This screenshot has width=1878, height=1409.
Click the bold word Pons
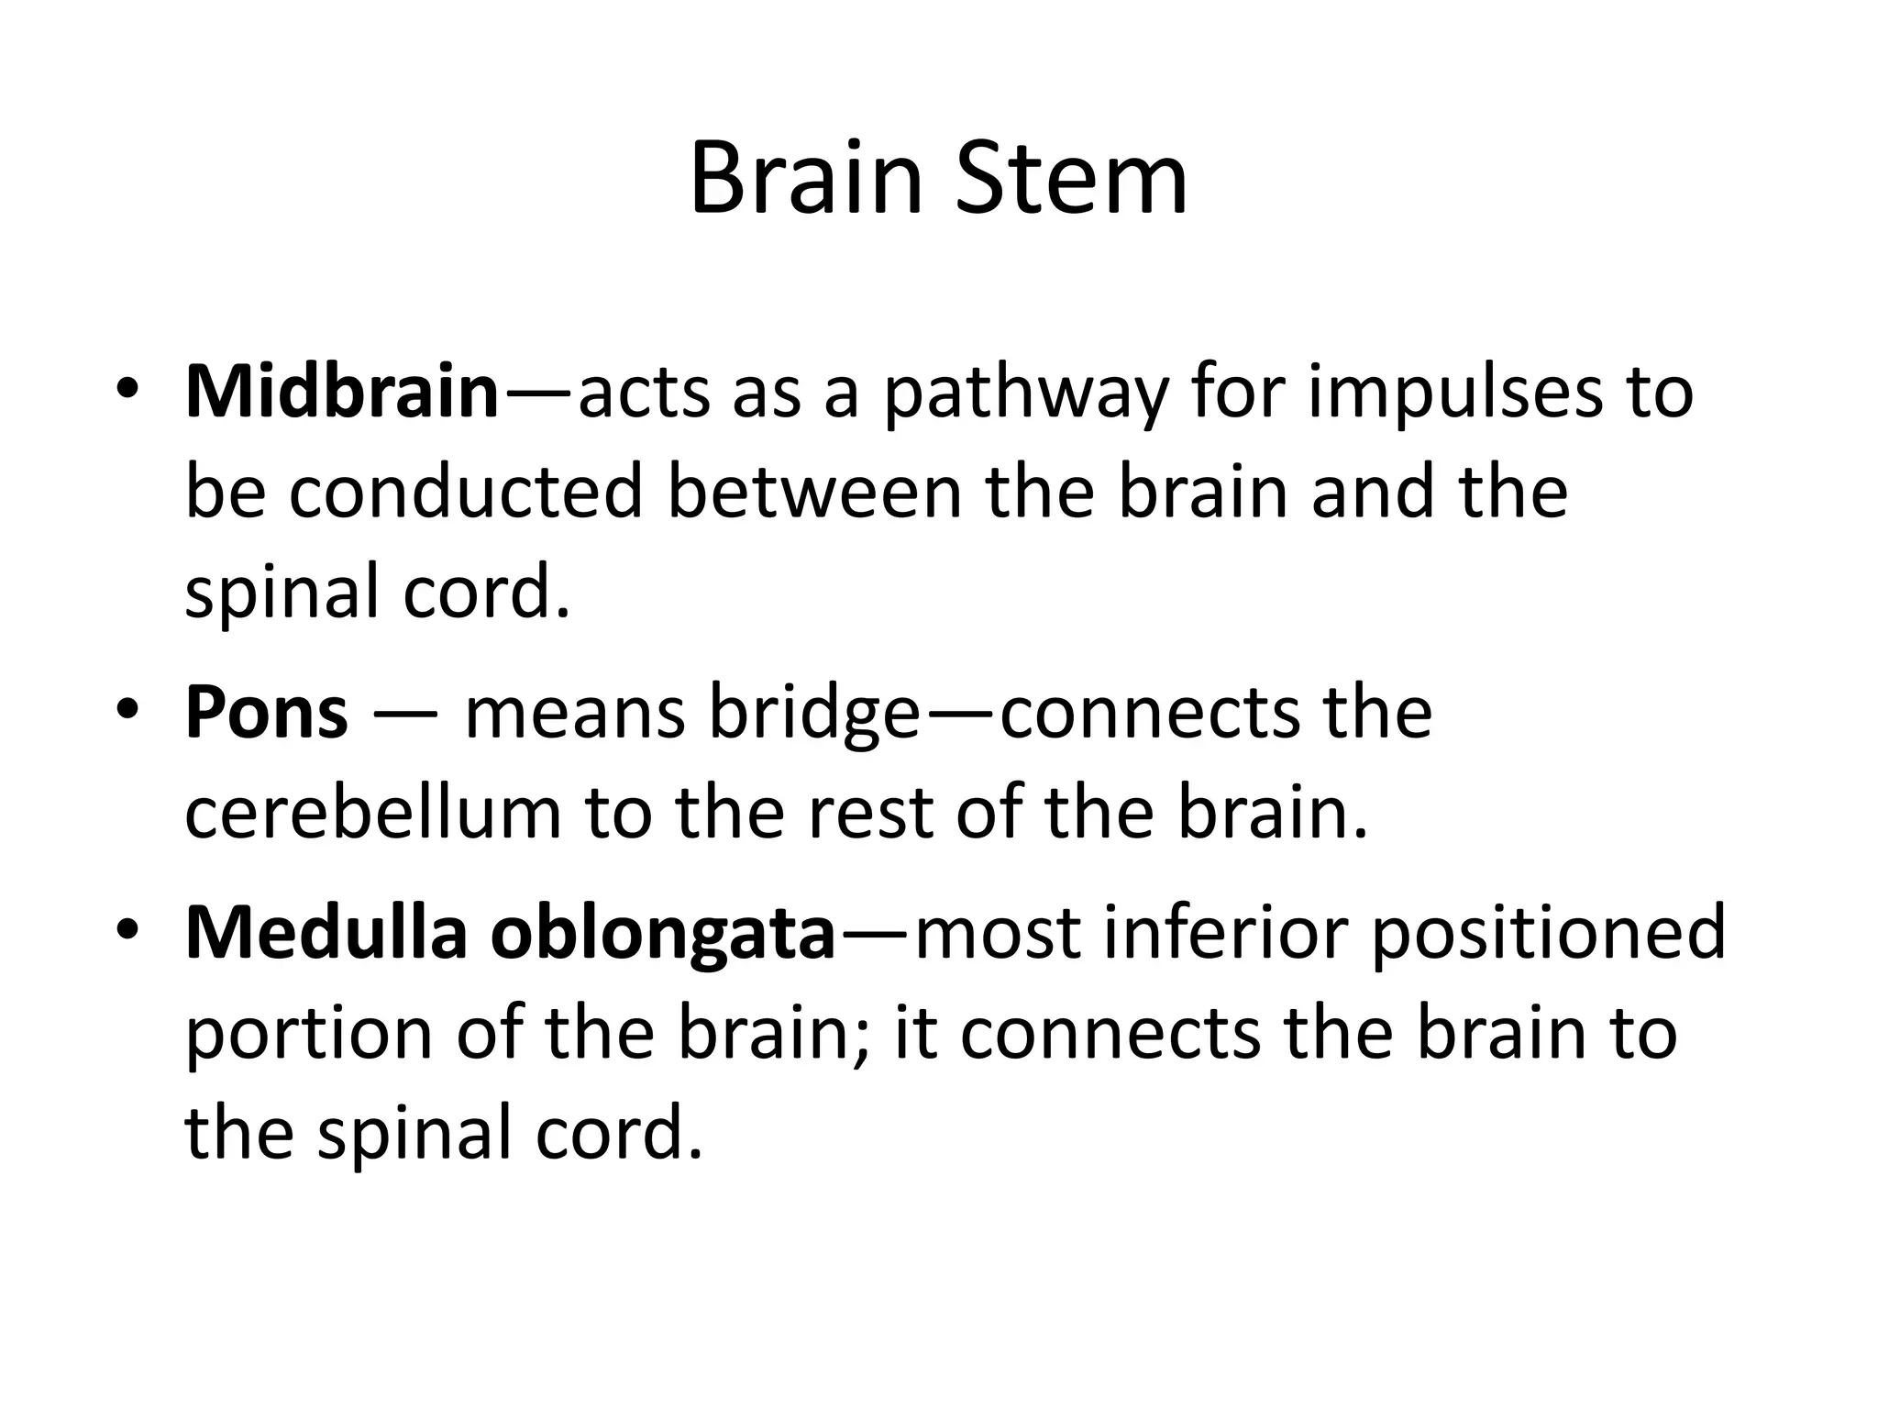point(267,713)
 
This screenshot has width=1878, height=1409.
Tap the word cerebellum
point(372,813)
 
